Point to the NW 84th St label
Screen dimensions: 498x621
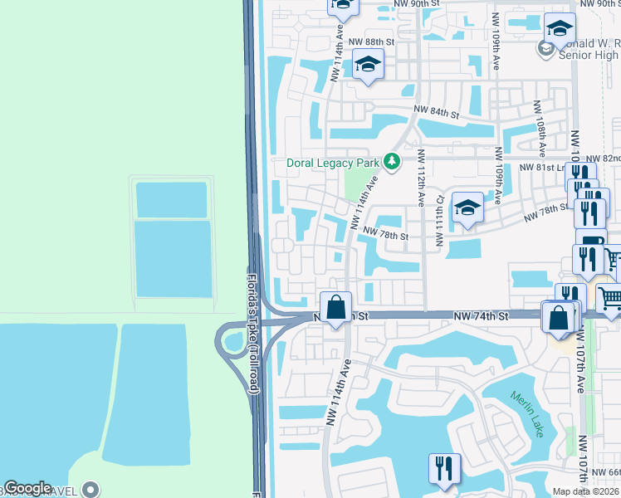click(438, 113)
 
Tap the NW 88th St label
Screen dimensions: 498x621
click(371, 41)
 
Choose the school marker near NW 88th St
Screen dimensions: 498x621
click(367, 65)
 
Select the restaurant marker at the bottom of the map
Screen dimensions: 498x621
click(445, 467)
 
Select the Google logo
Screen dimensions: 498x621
click(27, 488)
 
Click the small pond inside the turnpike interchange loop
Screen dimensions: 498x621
click(233, 340)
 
